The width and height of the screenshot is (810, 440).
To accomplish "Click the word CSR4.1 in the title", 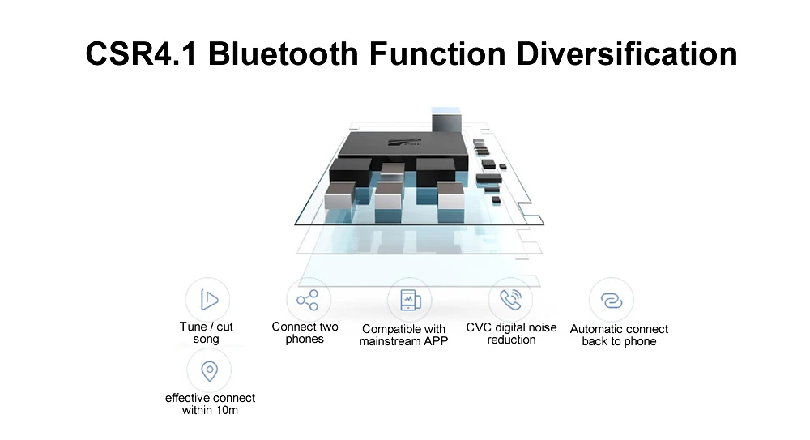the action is (x=141, y=53).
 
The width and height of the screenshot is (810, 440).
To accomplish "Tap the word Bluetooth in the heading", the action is (x=283, y=53).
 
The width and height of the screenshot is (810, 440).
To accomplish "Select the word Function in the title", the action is (x=437, y=53).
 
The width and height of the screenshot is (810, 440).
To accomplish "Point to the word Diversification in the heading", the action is (x=627, y=53).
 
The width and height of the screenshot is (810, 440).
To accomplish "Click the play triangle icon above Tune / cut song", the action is (x=209, y=300).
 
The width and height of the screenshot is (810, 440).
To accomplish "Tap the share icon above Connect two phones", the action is (x=307, y=300).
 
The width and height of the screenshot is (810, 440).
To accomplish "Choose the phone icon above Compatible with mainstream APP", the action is (x=410, y=300).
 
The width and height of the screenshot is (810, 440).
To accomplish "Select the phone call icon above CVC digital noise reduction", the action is (x=511, y=299).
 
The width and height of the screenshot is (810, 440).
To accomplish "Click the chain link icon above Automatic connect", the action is (x=612, y=301).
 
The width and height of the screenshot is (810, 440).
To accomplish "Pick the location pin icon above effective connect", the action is (x=209, y=371).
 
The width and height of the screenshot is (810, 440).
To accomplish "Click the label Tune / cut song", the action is (x=206, y=333).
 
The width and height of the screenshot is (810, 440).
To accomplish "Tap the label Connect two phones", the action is (x=305, y=333).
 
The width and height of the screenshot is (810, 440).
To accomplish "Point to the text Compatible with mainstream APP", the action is (x=403, y=335).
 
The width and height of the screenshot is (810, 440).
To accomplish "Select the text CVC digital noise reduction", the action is (x=511, y=334).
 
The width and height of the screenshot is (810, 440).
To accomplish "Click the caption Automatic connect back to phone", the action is (x=619, y=335).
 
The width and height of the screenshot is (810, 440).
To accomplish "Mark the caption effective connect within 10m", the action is (x=210, y=404).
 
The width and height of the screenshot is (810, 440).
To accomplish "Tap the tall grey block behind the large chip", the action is (x=446, y=121).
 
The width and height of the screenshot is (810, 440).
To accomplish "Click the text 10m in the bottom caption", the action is (x=227, y=410).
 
